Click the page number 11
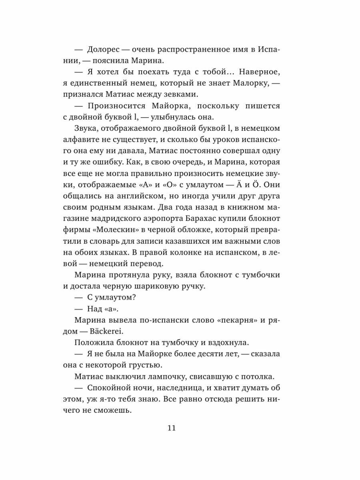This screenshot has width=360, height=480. coord(172,428)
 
